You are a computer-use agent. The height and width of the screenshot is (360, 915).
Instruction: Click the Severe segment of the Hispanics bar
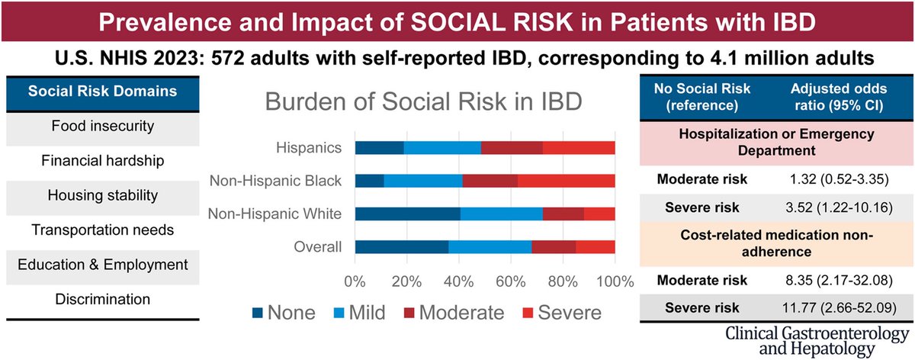point(579,148)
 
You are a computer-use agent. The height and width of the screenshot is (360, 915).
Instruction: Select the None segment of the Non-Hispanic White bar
point(408,214)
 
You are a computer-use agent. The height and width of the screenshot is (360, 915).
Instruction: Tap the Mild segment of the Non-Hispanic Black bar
point(422,181)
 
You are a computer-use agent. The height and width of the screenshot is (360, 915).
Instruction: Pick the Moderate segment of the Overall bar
point(554,246)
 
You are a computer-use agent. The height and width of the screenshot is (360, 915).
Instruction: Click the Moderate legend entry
point(462,312)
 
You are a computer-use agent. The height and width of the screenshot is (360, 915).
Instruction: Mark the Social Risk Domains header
point(103,92)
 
